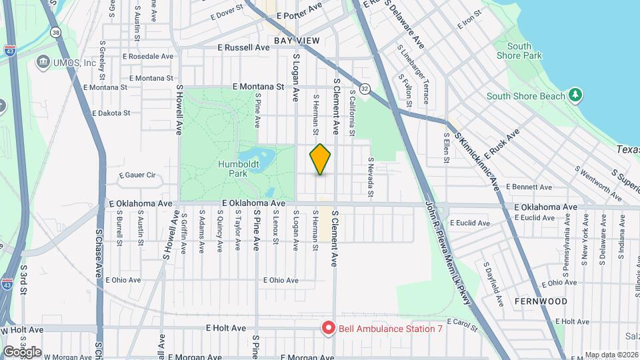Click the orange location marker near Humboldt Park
321,159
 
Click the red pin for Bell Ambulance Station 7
328,327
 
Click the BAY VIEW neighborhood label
297,41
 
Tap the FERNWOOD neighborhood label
541,301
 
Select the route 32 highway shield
365,88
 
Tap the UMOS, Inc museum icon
45,62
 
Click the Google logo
22,351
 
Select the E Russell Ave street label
243,48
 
